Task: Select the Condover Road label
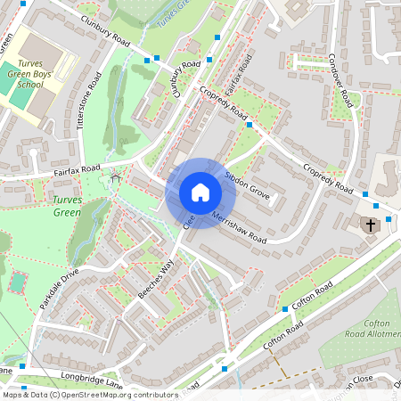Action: pos(343,87)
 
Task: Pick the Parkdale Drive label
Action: pos(59,283)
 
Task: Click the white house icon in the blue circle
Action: pos(200,192)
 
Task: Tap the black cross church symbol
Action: pos(370,225)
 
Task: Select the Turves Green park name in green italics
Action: pos(67,206)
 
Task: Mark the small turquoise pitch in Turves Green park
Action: pos(17,282)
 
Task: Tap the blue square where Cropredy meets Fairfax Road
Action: pos(250,126)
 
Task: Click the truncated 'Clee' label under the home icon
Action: pos(188,220)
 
